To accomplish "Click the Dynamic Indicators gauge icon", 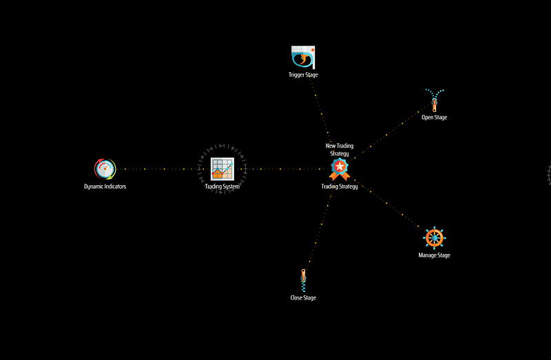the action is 105,169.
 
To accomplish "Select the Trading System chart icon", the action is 222,169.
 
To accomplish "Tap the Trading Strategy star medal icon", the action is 340,169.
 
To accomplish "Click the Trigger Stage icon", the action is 303,57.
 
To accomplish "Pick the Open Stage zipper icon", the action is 435,100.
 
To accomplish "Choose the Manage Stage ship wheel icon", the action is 435,238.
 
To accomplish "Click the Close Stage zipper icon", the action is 303,280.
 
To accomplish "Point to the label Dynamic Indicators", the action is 105,187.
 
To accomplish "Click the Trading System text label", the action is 222,187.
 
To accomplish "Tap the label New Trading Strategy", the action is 340,149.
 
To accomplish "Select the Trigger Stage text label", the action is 303,75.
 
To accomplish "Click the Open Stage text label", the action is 435,117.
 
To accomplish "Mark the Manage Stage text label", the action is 435,255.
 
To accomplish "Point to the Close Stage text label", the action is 303,298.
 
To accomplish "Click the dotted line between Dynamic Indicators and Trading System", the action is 163,169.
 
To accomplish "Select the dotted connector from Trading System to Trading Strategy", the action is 281,169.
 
